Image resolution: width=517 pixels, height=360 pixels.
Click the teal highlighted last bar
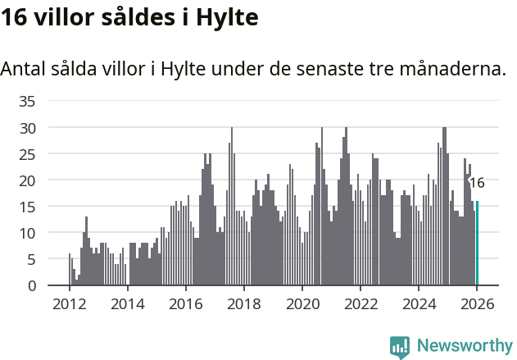point(477,244)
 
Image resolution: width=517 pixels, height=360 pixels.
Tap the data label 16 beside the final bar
point(476,183)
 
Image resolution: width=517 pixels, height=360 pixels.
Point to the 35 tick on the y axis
point(27,102)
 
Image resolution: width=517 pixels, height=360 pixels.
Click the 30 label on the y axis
point(27,128)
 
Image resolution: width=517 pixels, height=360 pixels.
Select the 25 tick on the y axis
point(27,154)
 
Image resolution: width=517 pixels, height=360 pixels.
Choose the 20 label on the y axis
point(27,180)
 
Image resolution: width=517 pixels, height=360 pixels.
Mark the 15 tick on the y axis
point(27,207)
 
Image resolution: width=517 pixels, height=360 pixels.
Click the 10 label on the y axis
point(27,233)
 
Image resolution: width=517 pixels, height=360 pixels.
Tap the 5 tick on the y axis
point(31,259)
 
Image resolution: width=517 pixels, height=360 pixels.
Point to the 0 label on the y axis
point(31,285)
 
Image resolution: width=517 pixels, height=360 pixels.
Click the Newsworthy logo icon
point(400,347)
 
